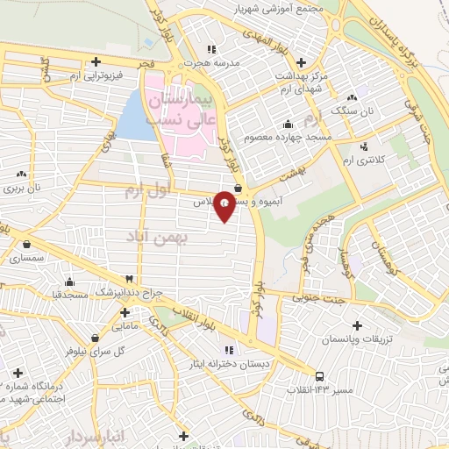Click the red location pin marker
(225, 205)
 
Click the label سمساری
(26, 258)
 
